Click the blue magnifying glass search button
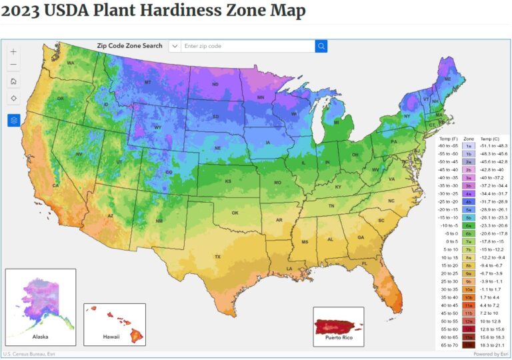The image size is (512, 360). pyautogui.click(x=321, y=46)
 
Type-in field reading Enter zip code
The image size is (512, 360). pyautogui.click(x=247, y=46)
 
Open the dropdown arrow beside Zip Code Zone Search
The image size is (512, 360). pyautogui.click(x=175, y=46)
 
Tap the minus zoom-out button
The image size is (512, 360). pyautogui.click(x=14, y=65)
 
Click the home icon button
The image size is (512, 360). pyautogui.click(x=14, y=81)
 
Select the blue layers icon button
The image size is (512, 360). pyautogui.click(x=14, y=121)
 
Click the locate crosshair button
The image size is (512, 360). pyautogui.click(x=14, y=98)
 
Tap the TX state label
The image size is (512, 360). pyautogui.click(x=217, y=257)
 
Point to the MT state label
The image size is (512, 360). pyautogui.click(x=148, y=82)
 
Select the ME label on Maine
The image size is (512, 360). pyautogui.click(x=447, y=79)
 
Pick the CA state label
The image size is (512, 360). pyautogui.click(x=56, y=185)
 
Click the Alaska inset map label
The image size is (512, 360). pyautogui.click(x=40, y=337)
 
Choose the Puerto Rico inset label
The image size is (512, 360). pyautogui.click(x=339, y=338)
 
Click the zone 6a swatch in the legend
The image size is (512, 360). pyautogui.click(x=469, y=226)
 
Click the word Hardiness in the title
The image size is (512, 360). pyautogui.click(x=158, y=11)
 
